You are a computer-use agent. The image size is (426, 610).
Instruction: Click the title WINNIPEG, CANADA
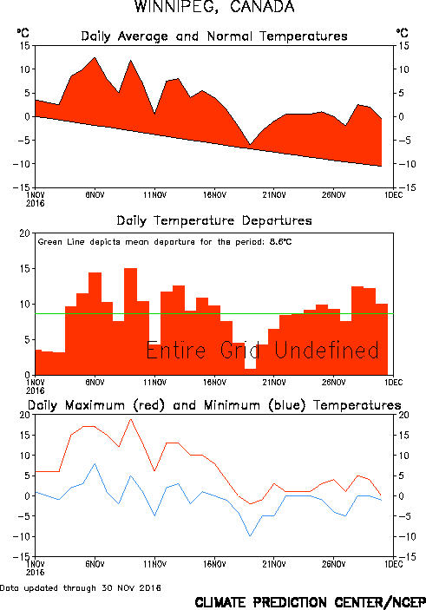pyautogui.click(x=213, y=8)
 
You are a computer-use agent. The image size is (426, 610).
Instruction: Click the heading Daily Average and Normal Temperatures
pyautogui.click(x=213, y=36)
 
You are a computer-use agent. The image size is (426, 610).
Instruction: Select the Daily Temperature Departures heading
pyautogui.click(x=213, y=221)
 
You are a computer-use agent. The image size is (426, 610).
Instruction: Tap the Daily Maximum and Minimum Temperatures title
pyautogui.click(x=213, y=405)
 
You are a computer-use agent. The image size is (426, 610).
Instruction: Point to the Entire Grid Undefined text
pyautogui.click(x=262, y=351)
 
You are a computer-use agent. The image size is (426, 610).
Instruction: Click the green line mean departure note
pyautogui.click(x=165, y=241)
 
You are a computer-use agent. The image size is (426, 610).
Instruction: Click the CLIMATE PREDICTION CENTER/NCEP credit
pyautogui.click(x=309, y=601)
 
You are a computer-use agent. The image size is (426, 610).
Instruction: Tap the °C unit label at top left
pyautogui.click(x=23, y=33)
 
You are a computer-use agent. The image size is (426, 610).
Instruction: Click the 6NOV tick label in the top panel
pyautogui.click(x=95, y=193)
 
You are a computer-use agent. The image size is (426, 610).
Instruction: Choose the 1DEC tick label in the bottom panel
pyautogui.click(x=394, y=563)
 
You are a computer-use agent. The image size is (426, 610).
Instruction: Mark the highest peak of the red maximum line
pyautogui.click(x=131, y=420)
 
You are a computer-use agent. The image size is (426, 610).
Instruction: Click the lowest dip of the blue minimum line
pyautogui.click(x=250, y=535)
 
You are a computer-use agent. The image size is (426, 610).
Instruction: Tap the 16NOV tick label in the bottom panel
pyautogui.click(x=213, y=563)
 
